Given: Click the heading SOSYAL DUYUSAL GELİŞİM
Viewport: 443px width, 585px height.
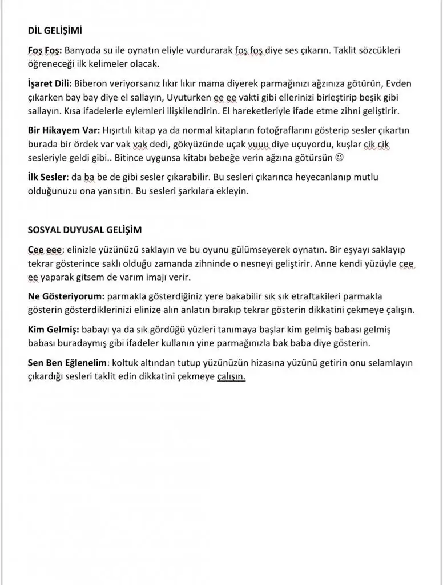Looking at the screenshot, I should pyautogui.click(x=85, y=230).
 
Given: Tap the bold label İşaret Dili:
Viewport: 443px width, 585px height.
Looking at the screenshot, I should pyautogui.click(x=50, y=84).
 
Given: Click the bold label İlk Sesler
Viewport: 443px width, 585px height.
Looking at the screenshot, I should pyautogui.click(x=47, y=177).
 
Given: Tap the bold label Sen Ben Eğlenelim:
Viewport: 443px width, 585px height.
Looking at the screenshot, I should pyautogui.click(x=68, y=363).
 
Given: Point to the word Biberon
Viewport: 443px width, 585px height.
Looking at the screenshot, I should pyautogui.click(x=91, y=84).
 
